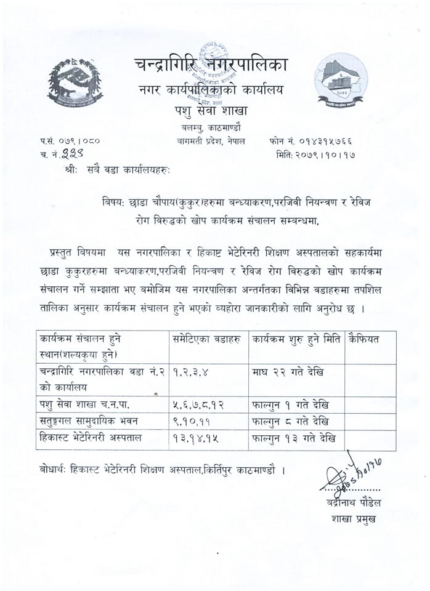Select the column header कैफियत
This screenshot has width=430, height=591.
tap(364, 339)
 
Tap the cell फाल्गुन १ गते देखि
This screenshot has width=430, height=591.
tap(290, 405)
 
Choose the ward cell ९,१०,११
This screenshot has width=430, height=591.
tap(190, 422)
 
